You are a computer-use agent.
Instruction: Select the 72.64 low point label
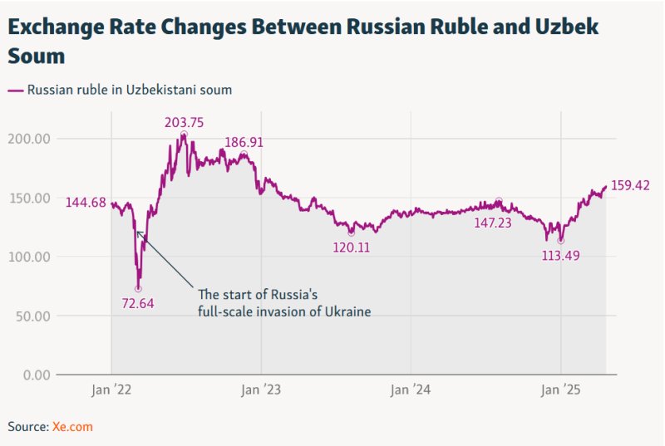coord(138,303)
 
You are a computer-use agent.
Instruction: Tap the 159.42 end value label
coord(630,185)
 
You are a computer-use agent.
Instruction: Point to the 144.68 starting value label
coord(86,202)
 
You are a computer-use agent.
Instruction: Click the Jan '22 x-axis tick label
coord(111,390)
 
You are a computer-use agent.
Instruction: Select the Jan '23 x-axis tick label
coord(261,390)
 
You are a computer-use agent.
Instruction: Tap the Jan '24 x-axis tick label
coord(411,390)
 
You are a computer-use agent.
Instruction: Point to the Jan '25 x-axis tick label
coord(561,390)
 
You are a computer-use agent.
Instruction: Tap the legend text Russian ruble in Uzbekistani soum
coord(130,90)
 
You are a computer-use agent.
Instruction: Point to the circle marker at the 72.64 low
coord(138,289)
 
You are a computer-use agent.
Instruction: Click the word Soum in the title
coord(36,57)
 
